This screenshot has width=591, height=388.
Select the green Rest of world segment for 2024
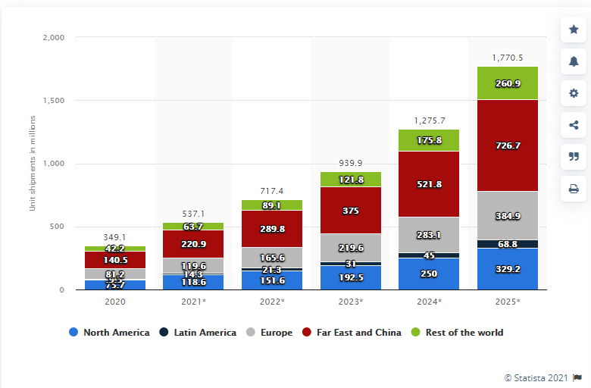429,140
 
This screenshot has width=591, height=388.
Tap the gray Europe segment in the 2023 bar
351,247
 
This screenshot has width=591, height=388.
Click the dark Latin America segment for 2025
508,244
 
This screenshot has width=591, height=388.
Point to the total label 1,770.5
508,57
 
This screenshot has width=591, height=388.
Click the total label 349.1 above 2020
115,237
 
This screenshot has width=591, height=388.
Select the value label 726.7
508,145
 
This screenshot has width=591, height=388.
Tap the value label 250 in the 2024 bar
429,274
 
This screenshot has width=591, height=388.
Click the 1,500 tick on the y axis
52,100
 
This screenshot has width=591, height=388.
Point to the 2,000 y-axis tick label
52,37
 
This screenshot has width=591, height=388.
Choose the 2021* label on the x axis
193,302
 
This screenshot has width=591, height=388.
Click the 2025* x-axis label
508,302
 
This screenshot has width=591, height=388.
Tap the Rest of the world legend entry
458,332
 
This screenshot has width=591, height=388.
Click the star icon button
574,30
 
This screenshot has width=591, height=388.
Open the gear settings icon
574,93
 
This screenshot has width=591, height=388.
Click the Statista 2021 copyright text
536,377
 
